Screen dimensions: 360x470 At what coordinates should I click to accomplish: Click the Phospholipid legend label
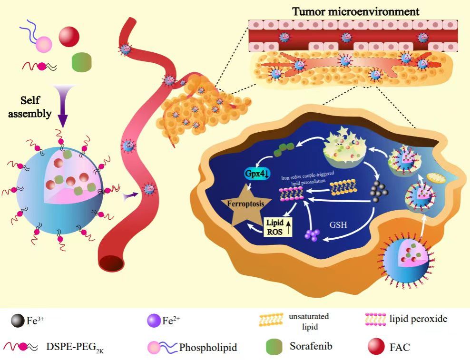[208, 348]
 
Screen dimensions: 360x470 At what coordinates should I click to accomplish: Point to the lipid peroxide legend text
[425, 319]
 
